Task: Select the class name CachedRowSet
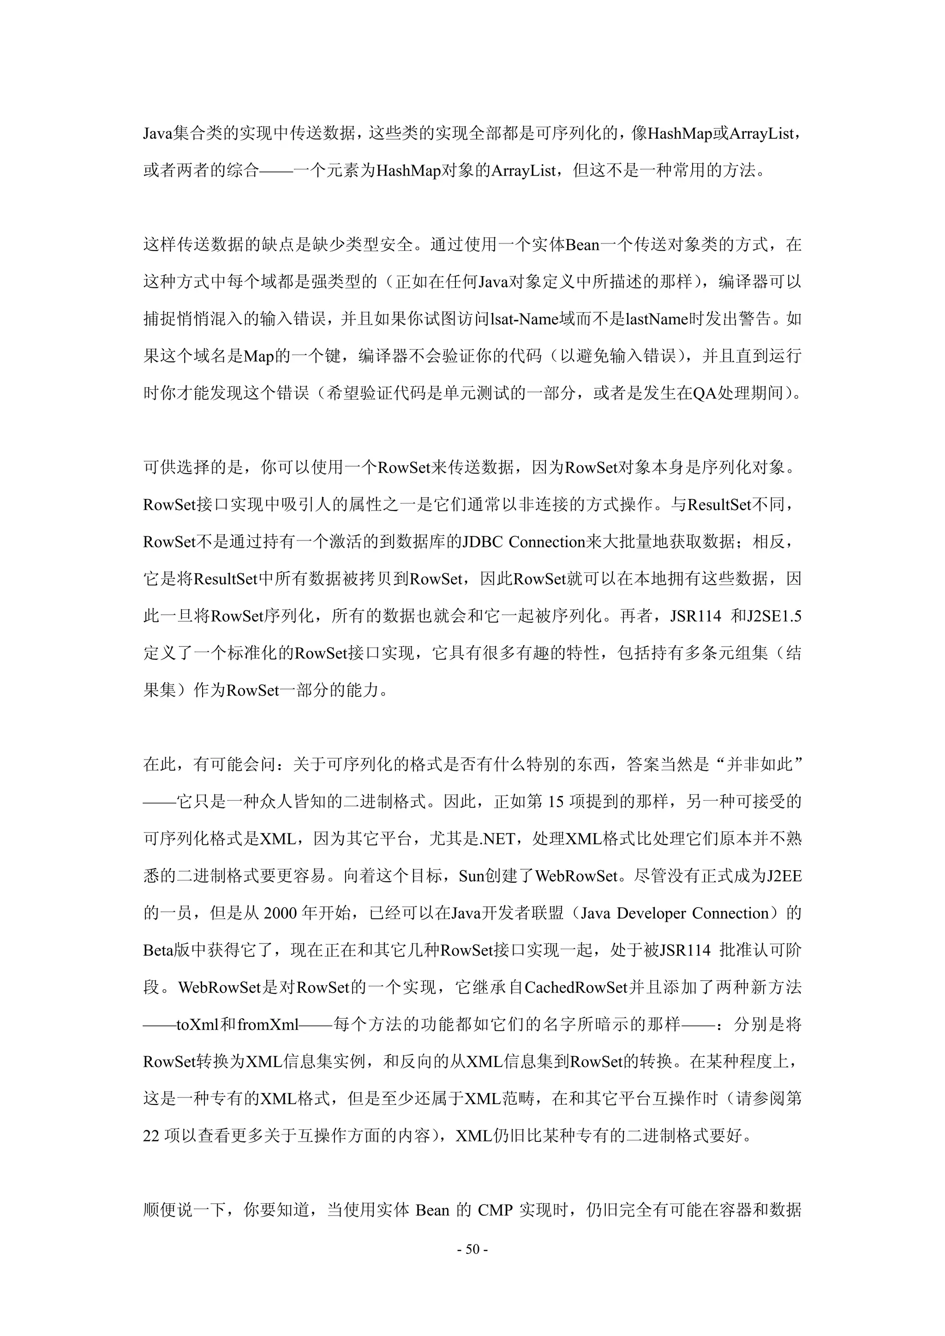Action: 576,987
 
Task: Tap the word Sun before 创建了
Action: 472,876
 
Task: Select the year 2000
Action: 281,913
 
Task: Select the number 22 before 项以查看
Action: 151,1136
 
